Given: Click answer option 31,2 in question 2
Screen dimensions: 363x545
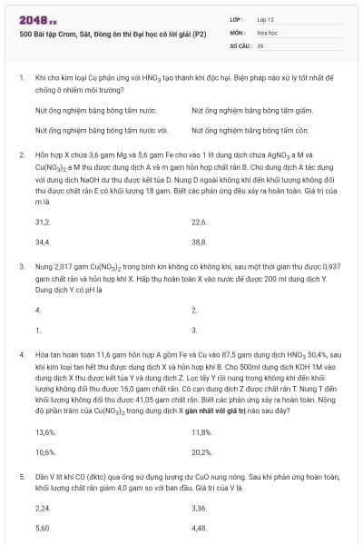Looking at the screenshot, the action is pos(43,222).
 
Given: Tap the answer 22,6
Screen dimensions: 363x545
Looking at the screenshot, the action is pos(200,222).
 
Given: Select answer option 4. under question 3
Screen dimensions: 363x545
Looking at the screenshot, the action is pos(38,310).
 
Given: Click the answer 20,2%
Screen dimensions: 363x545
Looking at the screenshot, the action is pos(201,451).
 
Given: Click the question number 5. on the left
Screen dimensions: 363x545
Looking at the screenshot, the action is pos(22,475).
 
